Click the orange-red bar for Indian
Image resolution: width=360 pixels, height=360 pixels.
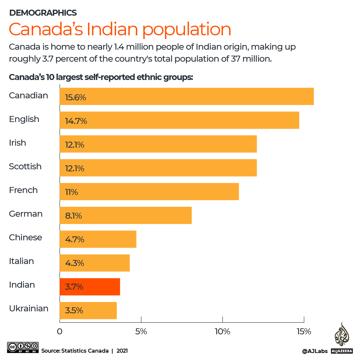pos(90,287)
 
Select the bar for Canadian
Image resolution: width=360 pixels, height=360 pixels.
pos(186,96)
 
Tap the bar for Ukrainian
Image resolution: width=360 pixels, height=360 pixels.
pos(88,310)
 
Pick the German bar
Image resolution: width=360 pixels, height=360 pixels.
pos(126,215)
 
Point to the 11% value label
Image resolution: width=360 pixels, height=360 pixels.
pos(71,192)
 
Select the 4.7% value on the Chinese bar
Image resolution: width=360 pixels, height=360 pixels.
pos(75,240)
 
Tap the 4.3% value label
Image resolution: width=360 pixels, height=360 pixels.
pos(75,263)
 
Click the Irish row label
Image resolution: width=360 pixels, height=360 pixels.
pos(17,143)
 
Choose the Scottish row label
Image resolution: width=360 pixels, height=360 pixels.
pos(25,167)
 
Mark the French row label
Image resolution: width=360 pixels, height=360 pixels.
pos(23,190)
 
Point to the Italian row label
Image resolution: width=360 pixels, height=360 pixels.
pos(21,261)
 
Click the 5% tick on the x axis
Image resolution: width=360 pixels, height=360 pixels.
pos(141,332)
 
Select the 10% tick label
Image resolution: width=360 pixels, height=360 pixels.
pos(222,332)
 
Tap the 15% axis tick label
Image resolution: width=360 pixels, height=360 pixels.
pos(304,332)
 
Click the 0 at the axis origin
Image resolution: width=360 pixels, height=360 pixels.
pos(60,332)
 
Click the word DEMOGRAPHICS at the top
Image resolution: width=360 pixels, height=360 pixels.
pos(43,13)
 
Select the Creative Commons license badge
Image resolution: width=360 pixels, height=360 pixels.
pos(23,347)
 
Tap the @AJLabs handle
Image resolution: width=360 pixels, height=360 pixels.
pos(315,351)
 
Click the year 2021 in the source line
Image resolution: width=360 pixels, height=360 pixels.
pos(122,351)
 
